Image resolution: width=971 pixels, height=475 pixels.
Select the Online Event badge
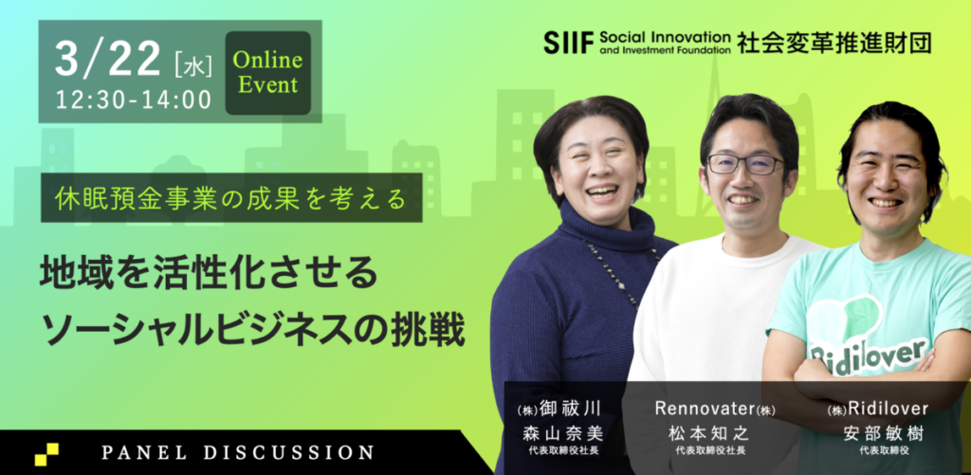(x=267, y=73)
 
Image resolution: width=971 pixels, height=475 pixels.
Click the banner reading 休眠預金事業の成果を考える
(x=231, y=197)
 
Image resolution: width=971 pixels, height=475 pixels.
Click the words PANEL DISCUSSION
(x=237, y=452)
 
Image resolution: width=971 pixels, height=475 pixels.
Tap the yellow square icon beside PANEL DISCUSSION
(x=46, y=454)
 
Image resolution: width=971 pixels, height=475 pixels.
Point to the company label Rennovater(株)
(x=715, y=410)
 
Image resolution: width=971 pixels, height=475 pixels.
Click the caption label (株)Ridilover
(x=878, y=410)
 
